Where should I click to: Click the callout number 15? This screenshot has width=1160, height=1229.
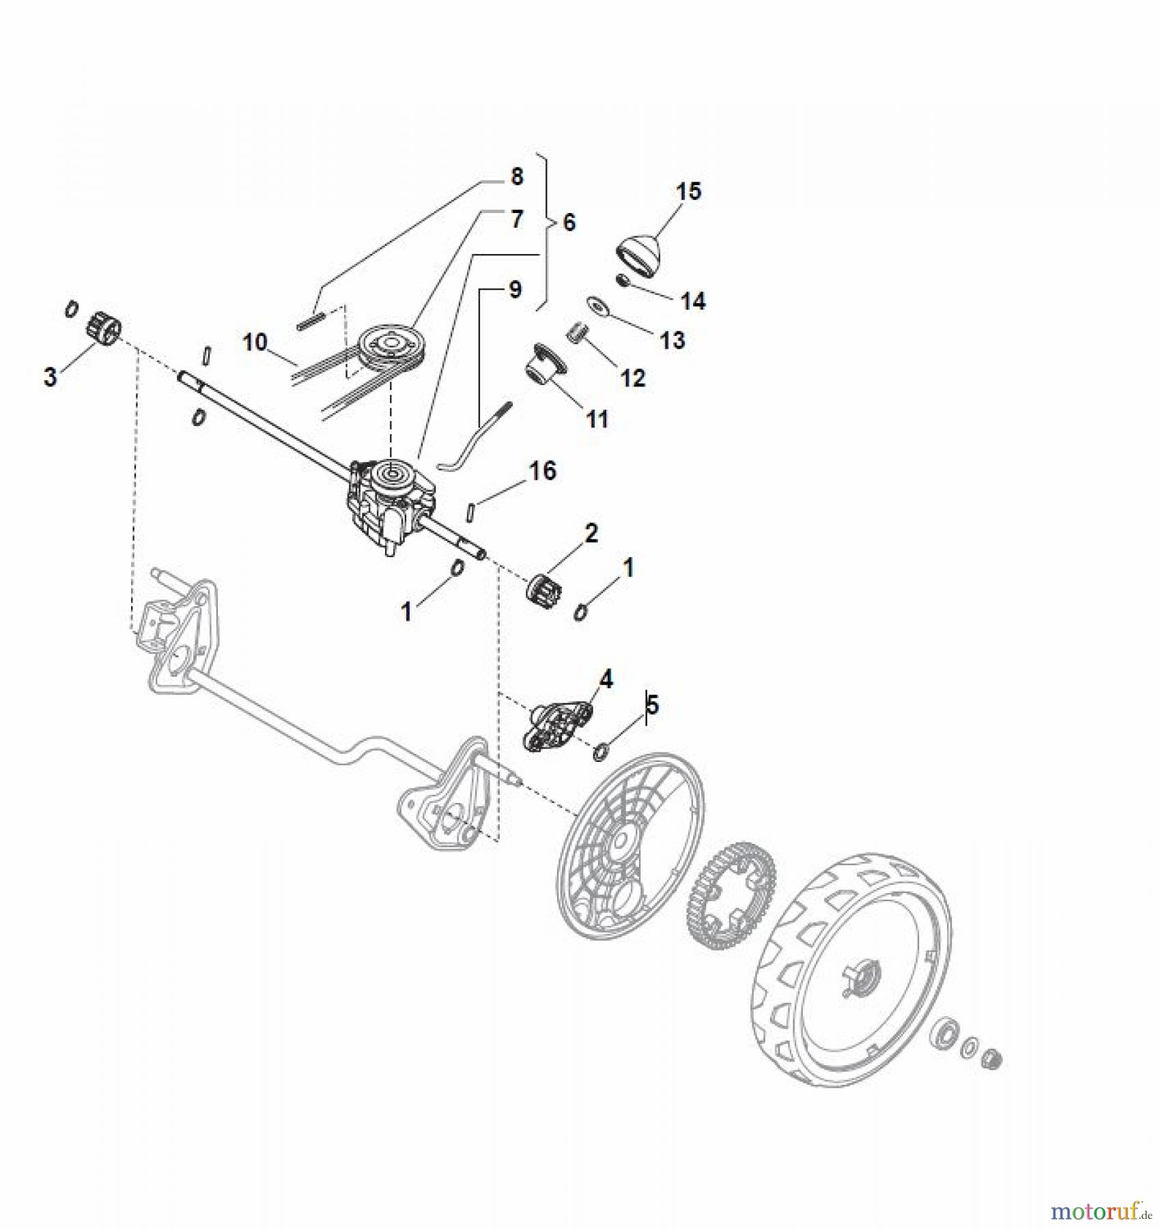click(x=689, y=191)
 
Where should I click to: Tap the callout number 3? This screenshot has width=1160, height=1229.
click(x=50, y=377)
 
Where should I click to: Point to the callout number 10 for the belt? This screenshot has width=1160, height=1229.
click(x=255, y=341)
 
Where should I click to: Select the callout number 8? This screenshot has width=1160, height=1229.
click(x=517, y=176)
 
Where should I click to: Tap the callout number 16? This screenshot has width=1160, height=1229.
click(x=543, y=470)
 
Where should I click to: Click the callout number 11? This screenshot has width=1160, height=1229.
click(x=597, y=419)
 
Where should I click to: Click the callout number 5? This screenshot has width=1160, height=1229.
click(x=652, y=705)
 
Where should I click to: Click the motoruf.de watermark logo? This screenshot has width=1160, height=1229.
click(x=1100, y=1211)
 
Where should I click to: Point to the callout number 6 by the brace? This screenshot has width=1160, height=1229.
click(x=569, y=223)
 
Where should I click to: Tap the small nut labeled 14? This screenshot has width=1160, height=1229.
click(x=622, y=281)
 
